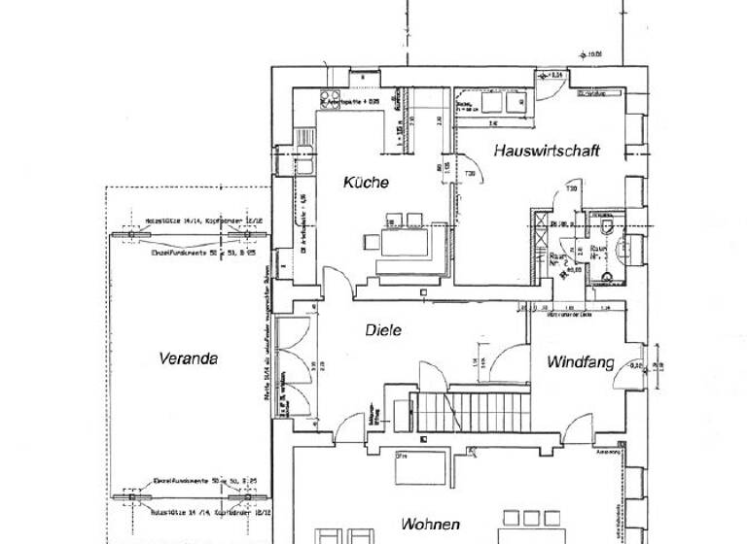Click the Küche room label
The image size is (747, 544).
coord(366,183)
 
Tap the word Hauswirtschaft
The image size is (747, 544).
coord(545,151)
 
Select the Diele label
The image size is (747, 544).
coord(383,329)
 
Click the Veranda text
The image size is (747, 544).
coord(188,358)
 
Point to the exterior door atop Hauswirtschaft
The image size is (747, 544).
coord(546,87)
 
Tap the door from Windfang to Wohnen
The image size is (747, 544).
coord(581,428)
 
